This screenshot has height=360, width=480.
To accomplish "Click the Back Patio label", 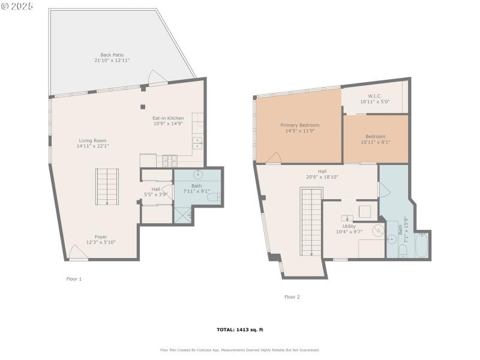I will click(112, 55).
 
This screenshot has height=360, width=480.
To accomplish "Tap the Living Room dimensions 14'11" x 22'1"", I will click(92, 146).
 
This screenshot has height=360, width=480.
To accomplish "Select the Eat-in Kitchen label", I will click(168, 118).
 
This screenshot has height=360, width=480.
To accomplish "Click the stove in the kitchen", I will click(170, 160).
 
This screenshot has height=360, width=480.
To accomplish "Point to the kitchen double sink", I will click(197, 143).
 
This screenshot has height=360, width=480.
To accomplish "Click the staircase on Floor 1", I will click(107, 187).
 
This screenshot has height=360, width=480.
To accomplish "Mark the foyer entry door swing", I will click(78, 253).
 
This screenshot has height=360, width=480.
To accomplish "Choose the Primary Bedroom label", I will click(300, 125).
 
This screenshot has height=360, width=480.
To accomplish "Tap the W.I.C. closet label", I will click(375, 96).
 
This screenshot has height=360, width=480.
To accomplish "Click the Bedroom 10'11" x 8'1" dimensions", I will click(375, 142).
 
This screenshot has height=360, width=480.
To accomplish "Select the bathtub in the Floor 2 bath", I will click(422, 247).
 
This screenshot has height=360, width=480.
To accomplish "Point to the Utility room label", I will click(349, 226).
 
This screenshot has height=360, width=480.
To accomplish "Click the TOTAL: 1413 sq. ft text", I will click(240, 329).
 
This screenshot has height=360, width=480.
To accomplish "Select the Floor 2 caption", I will click(292, 296).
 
